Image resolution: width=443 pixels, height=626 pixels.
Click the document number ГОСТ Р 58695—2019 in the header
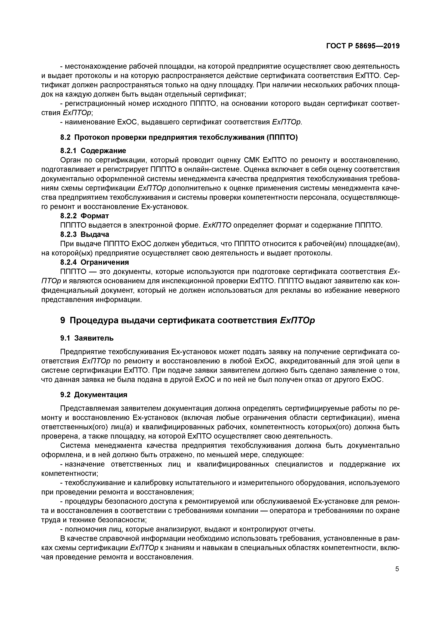tap(363, 46)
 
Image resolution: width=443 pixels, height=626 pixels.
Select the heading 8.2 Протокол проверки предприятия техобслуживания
tap(179, 137)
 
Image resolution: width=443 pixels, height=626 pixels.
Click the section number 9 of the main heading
tap(63, 320)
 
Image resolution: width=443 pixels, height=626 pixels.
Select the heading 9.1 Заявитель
tap(87, 338)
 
